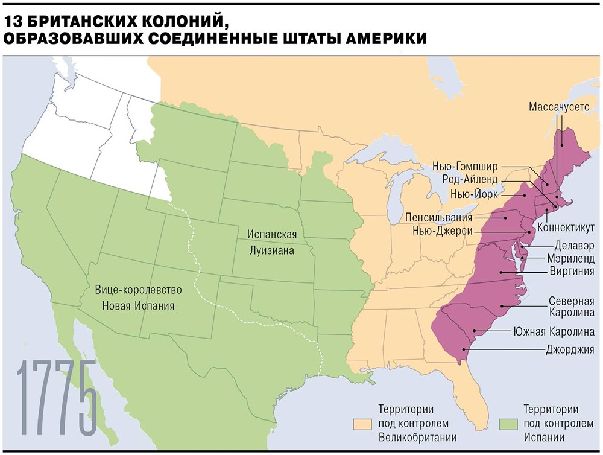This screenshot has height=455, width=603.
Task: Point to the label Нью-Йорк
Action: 474,194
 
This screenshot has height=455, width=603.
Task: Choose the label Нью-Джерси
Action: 443,231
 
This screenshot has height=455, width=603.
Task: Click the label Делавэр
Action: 573,246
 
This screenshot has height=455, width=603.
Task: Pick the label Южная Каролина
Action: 554,331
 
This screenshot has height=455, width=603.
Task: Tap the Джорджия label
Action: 570,349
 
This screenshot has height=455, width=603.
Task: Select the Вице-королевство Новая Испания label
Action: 139,297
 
